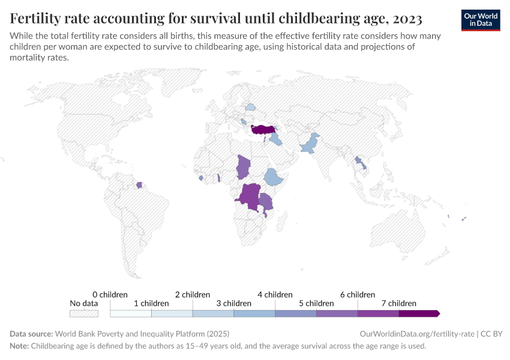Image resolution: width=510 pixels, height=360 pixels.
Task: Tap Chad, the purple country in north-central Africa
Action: click(244, 167)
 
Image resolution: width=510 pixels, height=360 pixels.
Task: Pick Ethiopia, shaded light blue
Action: click(274, 177)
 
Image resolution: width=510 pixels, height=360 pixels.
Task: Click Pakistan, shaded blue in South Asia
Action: click(310, 145)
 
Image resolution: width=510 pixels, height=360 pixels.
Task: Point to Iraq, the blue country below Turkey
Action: click(276, 140)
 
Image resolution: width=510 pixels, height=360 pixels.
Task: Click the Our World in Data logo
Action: click(481, 20)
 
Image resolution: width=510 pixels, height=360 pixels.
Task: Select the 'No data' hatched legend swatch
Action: click(83, 313)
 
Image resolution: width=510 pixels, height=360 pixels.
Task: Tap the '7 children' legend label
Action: click(399, 304)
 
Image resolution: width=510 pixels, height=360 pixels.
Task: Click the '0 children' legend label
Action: click(110, 295)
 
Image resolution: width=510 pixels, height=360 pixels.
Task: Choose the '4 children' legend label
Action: click(275, 295)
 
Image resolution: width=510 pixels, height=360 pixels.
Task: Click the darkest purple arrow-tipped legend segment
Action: click(419, 313)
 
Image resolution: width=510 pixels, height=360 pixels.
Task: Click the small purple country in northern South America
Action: click(139, 185)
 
